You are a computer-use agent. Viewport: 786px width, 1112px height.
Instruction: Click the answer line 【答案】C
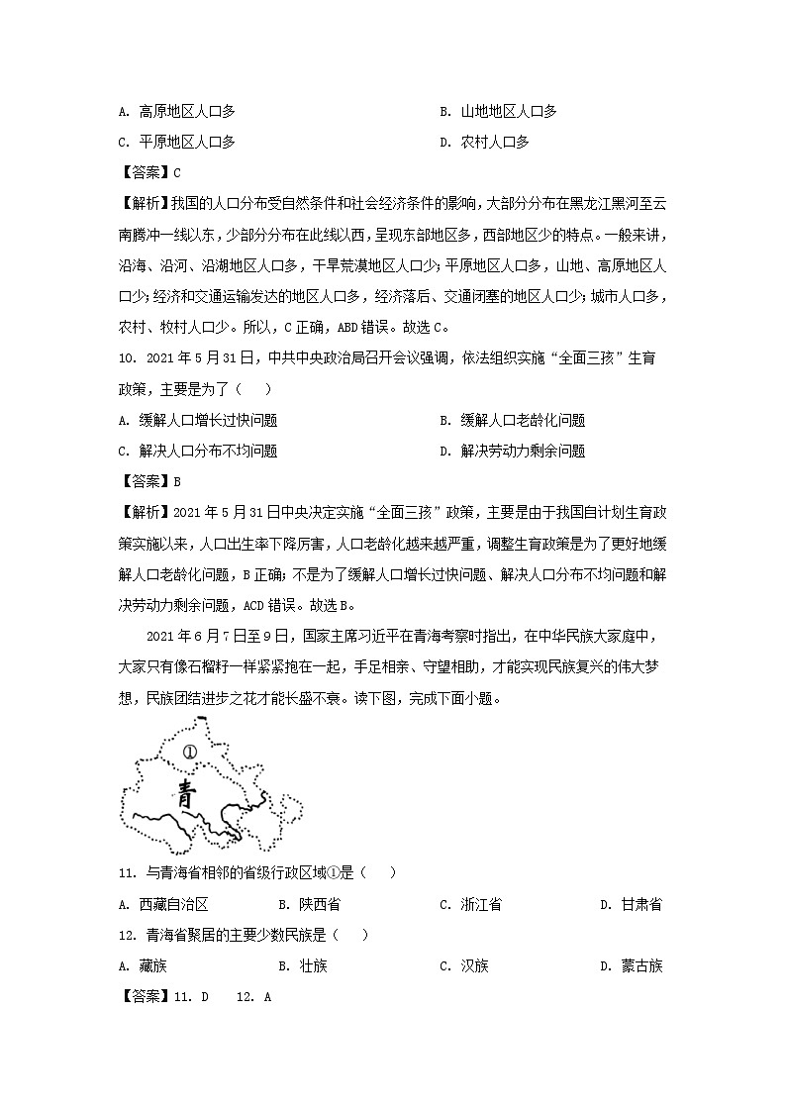pyautogui.click(x=148, y=172)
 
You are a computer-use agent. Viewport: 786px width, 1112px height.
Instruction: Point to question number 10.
pyautogui.click(x=127, y=357)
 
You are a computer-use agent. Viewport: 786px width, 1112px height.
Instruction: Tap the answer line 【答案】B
pyautogui.click(x=148, y=481)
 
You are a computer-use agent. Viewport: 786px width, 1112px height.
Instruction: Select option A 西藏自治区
pyautogui.click(x=166, y=904)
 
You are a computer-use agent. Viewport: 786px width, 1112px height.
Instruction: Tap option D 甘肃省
pyautogui.click(x=631, y=904)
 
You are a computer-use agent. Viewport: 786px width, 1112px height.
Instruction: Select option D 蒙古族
pyautogui.click(x=631, y=965)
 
